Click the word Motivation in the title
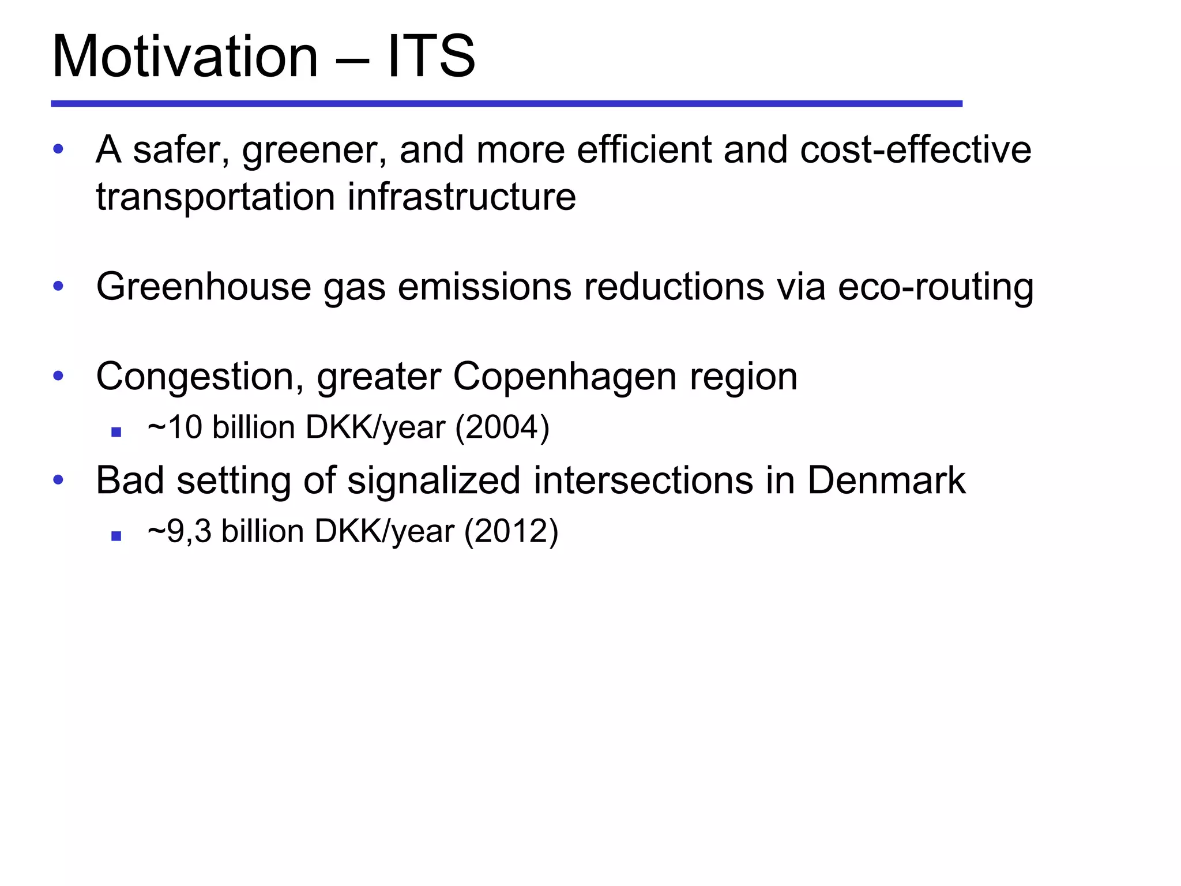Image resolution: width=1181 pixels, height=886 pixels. [185, 57]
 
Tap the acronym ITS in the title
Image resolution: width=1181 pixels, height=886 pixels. [431, 57]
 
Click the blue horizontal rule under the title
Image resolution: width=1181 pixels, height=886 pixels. [506, 104]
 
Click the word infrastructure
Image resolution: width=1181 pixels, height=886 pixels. [461, 197]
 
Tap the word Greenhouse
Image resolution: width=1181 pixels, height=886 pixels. [203, 287]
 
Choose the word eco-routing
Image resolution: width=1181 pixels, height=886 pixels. [935, 287]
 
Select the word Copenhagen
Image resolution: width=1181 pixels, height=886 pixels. [565, 377]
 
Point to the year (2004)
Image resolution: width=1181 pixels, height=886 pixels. [502, 428]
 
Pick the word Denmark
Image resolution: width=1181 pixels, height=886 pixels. [886, 480]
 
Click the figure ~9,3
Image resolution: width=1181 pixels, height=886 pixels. [179, 531]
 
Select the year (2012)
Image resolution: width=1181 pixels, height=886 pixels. [511, 531]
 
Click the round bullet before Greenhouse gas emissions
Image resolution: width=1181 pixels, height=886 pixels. [58, 286]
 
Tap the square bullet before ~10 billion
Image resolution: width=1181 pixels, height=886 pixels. [116, 431]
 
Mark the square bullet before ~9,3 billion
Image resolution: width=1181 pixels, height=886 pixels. [116, 536]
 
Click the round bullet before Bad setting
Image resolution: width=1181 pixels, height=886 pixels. [58, 479]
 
